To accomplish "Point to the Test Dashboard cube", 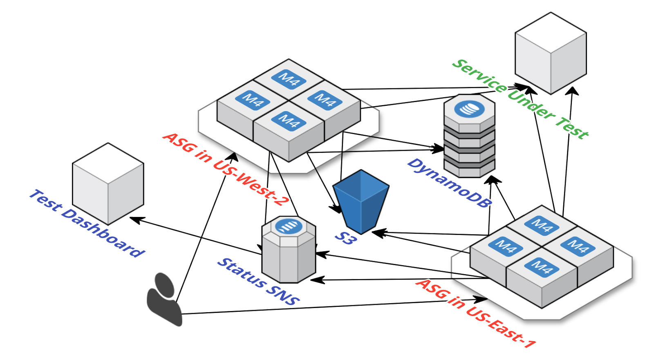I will pos(108,184).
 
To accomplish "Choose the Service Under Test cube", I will pos(551,53).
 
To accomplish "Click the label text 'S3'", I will pos(346,238).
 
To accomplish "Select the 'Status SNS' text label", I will pos(258,282).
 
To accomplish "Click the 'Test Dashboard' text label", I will pos(87,223).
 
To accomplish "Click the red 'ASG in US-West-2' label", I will pos(226,169).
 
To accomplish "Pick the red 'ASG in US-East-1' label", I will pos(476,313).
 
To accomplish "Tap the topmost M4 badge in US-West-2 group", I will pos(289,79).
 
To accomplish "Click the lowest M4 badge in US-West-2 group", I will pos(289,121).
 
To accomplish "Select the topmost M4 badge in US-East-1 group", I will pos(542,225).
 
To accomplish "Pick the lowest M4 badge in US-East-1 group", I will pos(542,267).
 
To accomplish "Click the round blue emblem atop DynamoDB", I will pos(469,109).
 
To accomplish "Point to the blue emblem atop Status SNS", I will pos(289,226).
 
